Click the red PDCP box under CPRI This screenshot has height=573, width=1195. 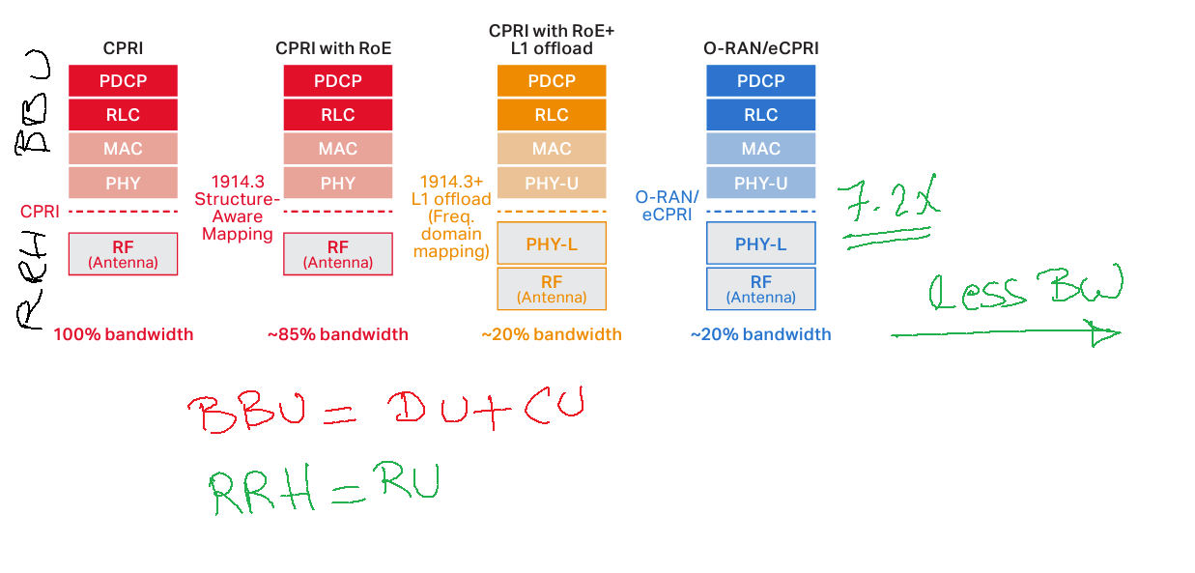pyautogui.click(x=123, y=81)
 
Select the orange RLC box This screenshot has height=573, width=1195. pyautogui.click(x=552, y=115)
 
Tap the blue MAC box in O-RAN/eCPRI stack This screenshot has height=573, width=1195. pyautogui.click(x=761, y=149)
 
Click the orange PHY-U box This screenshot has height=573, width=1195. pyautogui.click(x=552, y=183)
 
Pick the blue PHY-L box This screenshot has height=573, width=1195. pyautogui.click(x=761, y=244)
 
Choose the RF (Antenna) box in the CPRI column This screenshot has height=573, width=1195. pyautogui.click(x=123, y=253)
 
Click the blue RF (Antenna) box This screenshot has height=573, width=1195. pyautogui.click(x=761, y=288)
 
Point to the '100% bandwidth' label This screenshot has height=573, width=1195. pyautogui.click(x=123, y=334)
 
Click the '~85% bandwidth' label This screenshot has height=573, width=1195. pyautogui.click(x=337, y=334)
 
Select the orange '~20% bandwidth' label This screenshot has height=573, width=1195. pyautogui.click(x=552, y=334)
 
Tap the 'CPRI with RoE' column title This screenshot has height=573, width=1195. pyautogui.click(x=333, y=48)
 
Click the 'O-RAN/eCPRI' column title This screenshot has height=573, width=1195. pyautogui.click(x=760, y=48)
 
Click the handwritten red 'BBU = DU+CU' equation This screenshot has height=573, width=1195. pyautogui.click(x=386, y=412)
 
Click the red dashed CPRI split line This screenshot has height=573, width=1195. pyautogui.click(x=123, y=211)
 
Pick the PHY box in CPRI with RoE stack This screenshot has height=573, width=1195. pyautogui.click(x=337, y=183)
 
